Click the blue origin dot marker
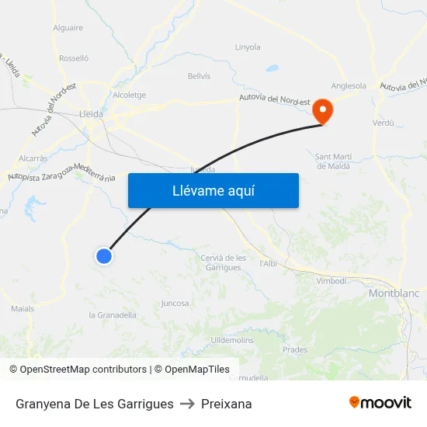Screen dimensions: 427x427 tap(103, 255)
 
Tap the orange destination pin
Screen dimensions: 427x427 tap(321, 112)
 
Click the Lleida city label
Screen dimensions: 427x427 tap(91, 112)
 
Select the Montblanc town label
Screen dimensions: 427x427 tap(394, 293)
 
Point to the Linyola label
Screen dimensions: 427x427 tap(248, 47)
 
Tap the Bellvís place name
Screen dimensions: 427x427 tap(199, 76)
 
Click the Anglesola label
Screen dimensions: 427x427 tap(349, 86)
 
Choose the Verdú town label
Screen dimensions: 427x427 tap(384, 123)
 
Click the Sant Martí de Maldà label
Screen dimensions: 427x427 tap(333, 161)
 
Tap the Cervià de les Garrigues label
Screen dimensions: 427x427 tap(223, 262)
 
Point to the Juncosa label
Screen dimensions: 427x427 tap(175, 304)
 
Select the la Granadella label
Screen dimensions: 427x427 tap(113, 315)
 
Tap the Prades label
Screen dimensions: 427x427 tap(295, 350)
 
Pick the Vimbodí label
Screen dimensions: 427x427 tap(331, 281)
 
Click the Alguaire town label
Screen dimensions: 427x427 tap(68, 28)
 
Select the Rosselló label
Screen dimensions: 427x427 tap(74, 58)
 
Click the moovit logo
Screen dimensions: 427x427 tap(380, 403)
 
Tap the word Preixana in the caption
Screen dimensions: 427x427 tap(226, 404)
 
